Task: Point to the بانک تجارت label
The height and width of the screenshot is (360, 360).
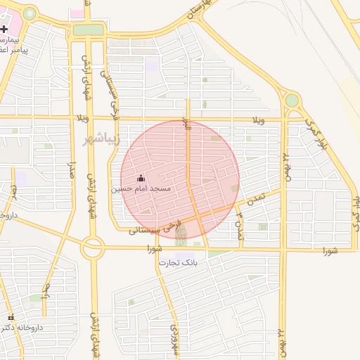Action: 181,263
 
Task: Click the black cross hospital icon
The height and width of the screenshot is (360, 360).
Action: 4,29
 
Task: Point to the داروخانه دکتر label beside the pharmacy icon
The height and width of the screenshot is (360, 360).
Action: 25,328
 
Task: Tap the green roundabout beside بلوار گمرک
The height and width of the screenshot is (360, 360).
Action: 291,101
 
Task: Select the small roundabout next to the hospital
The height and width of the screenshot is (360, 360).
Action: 30,13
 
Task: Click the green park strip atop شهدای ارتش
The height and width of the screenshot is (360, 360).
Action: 89,30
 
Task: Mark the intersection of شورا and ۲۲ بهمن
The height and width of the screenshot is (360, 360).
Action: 283,250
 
